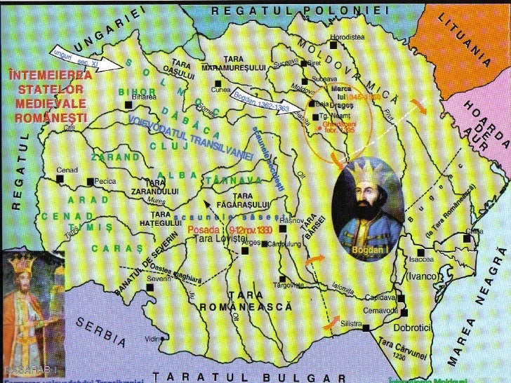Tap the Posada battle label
click(x=201, y=229)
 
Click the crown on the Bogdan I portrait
click(x=367, y=170)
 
